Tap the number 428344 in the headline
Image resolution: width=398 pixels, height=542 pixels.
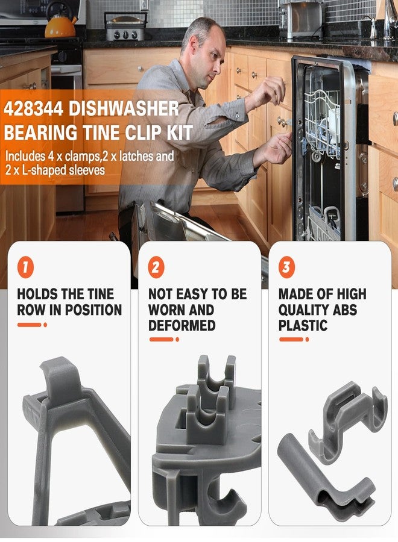34,109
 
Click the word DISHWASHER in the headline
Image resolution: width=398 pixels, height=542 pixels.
124,108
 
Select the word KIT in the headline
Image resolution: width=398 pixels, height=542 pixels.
180,132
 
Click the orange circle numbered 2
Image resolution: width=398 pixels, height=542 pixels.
156,267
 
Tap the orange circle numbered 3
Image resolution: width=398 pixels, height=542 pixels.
286,267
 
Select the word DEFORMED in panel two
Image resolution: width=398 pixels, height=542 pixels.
182,326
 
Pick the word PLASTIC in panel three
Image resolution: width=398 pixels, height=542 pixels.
303,326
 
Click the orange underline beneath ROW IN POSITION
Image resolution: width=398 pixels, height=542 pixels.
32,325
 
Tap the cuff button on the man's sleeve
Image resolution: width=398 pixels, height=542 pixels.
239,115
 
